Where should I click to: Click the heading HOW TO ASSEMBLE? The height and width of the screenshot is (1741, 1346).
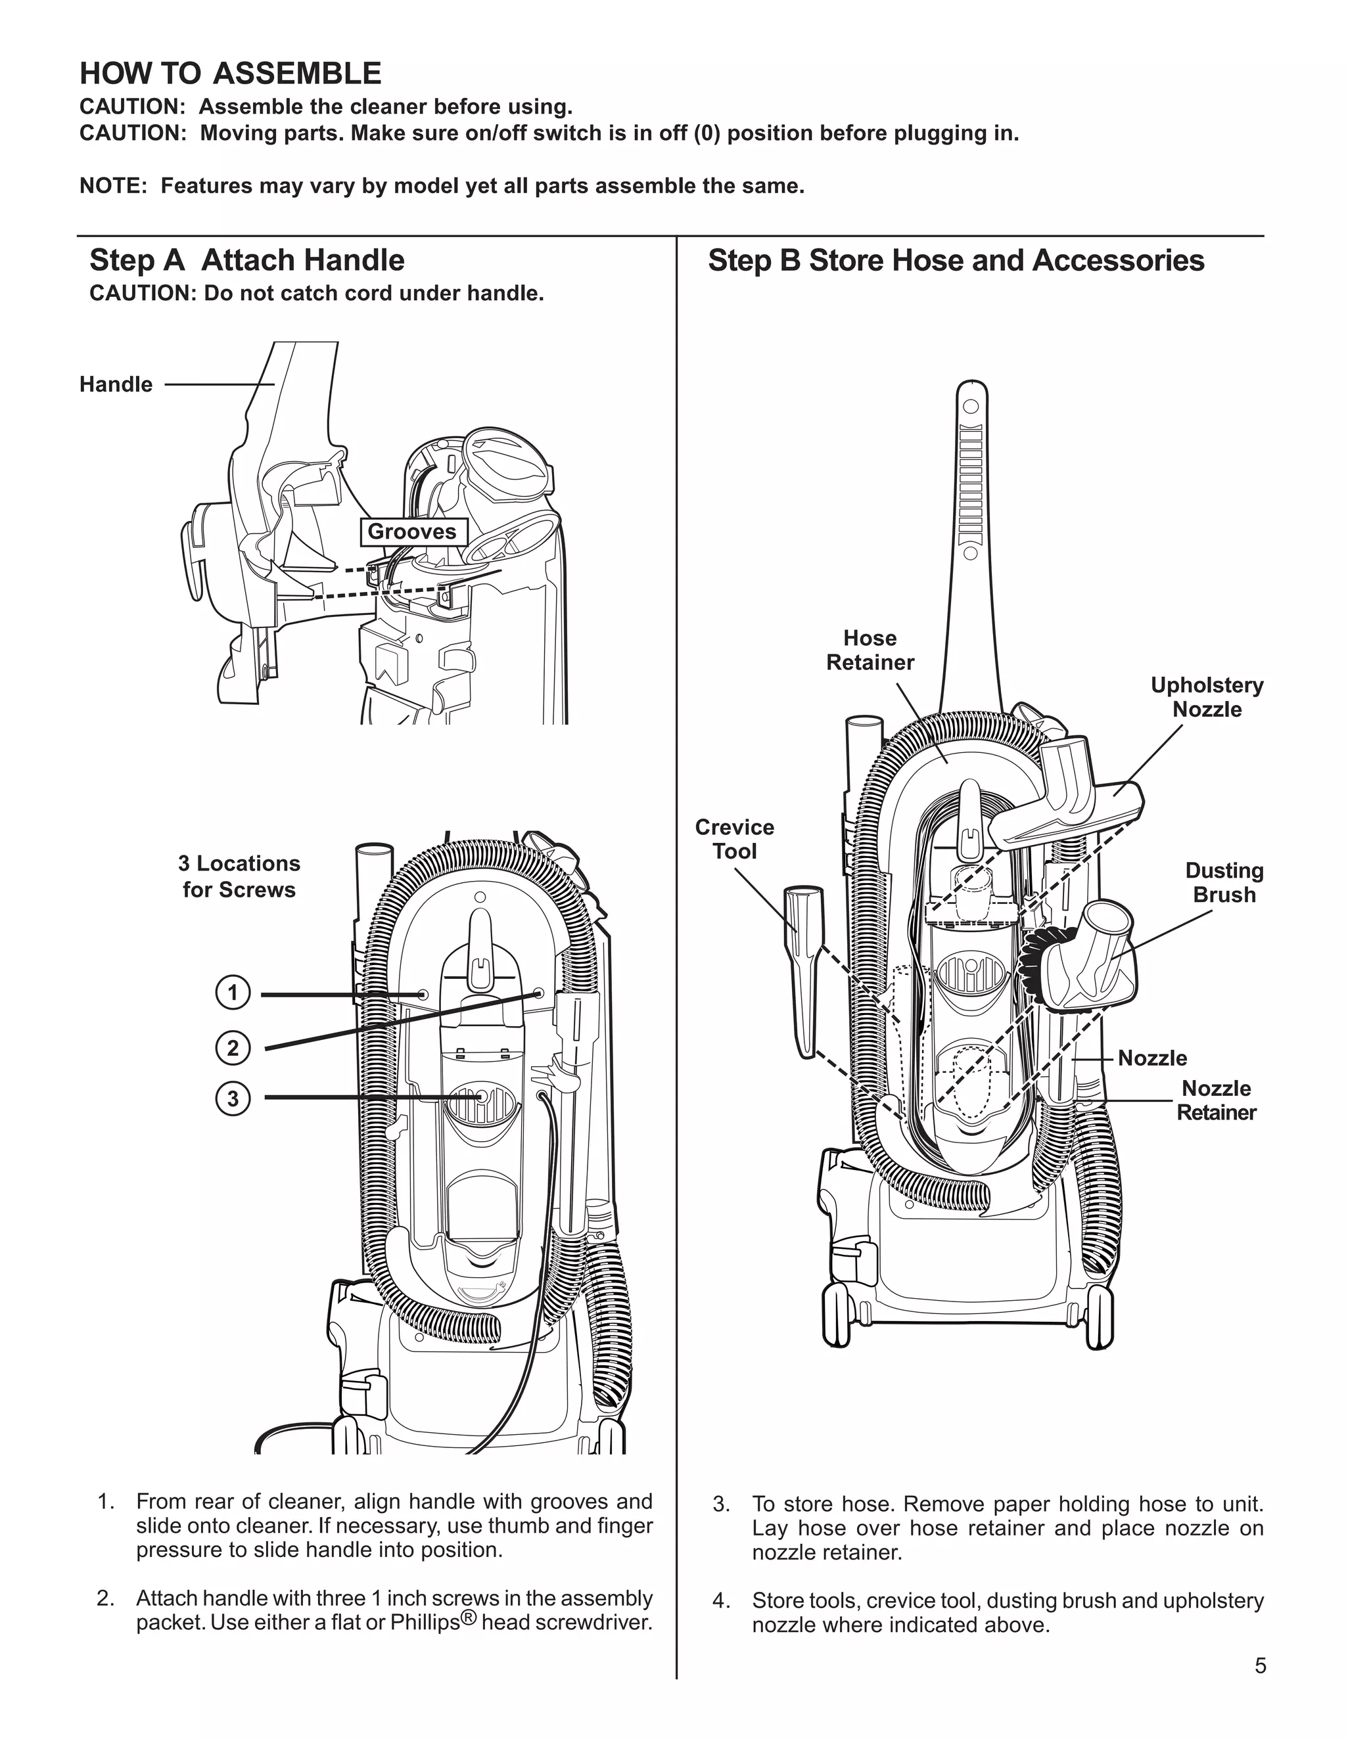coord(231,74)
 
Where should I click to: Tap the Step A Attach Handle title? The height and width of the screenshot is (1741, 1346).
coord(247,261)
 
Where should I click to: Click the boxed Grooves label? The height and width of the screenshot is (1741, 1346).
coord(411,531)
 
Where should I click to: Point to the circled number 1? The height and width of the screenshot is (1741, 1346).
coord(233,993)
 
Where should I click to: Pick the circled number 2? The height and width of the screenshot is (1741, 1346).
coord(233,1047)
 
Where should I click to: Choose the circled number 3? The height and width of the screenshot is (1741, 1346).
coord(233,1098)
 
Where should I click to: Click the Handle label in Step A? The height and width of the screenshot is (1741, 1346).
coord(116,384)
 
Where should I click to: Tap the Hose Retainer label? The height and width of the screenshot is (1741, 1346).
coord(870,650)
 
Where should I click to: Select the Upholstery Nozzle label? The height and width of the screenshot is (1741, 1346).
coord(1207,698)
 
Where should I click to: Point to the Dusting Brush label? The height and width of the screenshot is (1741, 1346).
coord(1224,882)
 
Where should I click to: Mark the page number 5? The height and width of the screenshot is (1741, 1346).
coord(1261,1666)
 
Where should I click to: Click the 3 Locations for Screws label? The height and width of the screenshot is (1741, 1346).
coord(239,876)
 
